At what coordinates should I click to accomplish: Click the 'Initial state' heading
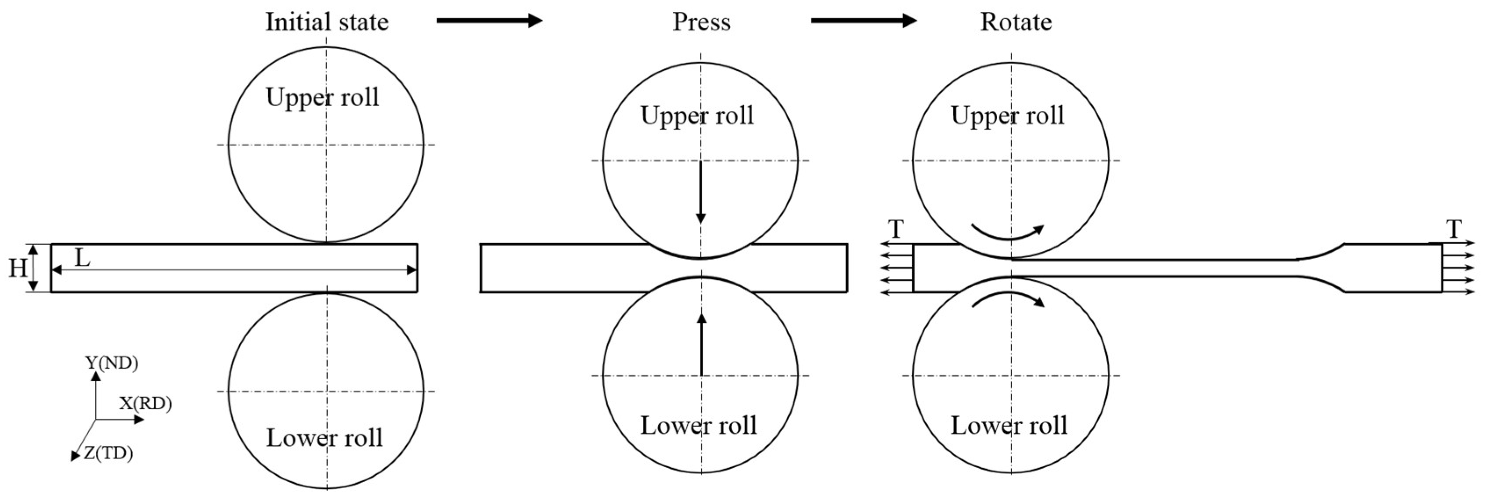click(326, 22)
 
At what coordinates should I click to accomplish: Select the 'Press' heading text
click(701, 22)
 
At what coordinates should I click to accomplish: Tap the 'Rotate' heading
click(1016, 22)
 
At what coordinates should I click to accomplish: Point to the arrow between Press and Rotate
click(863, 21)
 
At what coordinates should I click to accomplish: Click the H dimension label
click(17, 268)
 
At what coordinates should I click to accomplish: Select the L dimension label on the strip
click(83, 258)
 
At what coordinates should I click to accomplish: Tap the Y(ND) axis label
click(112, 363)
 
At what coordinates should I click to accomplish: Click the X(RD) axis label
click(145, 403)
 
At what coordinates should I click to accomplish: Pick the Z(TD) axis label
click(108, 454)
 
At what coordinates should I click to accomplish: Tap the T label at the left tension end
click(895, 230)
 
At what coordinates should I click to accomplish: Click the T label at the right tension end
click(1454, 230)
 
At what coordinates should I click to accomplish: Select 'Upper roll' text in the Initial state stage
click(322, 97)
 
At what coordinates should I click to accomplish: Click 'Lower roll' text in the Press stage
click(698, 425)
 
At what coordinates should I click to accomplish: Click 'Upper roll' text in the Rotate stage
click(1007, 115)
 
